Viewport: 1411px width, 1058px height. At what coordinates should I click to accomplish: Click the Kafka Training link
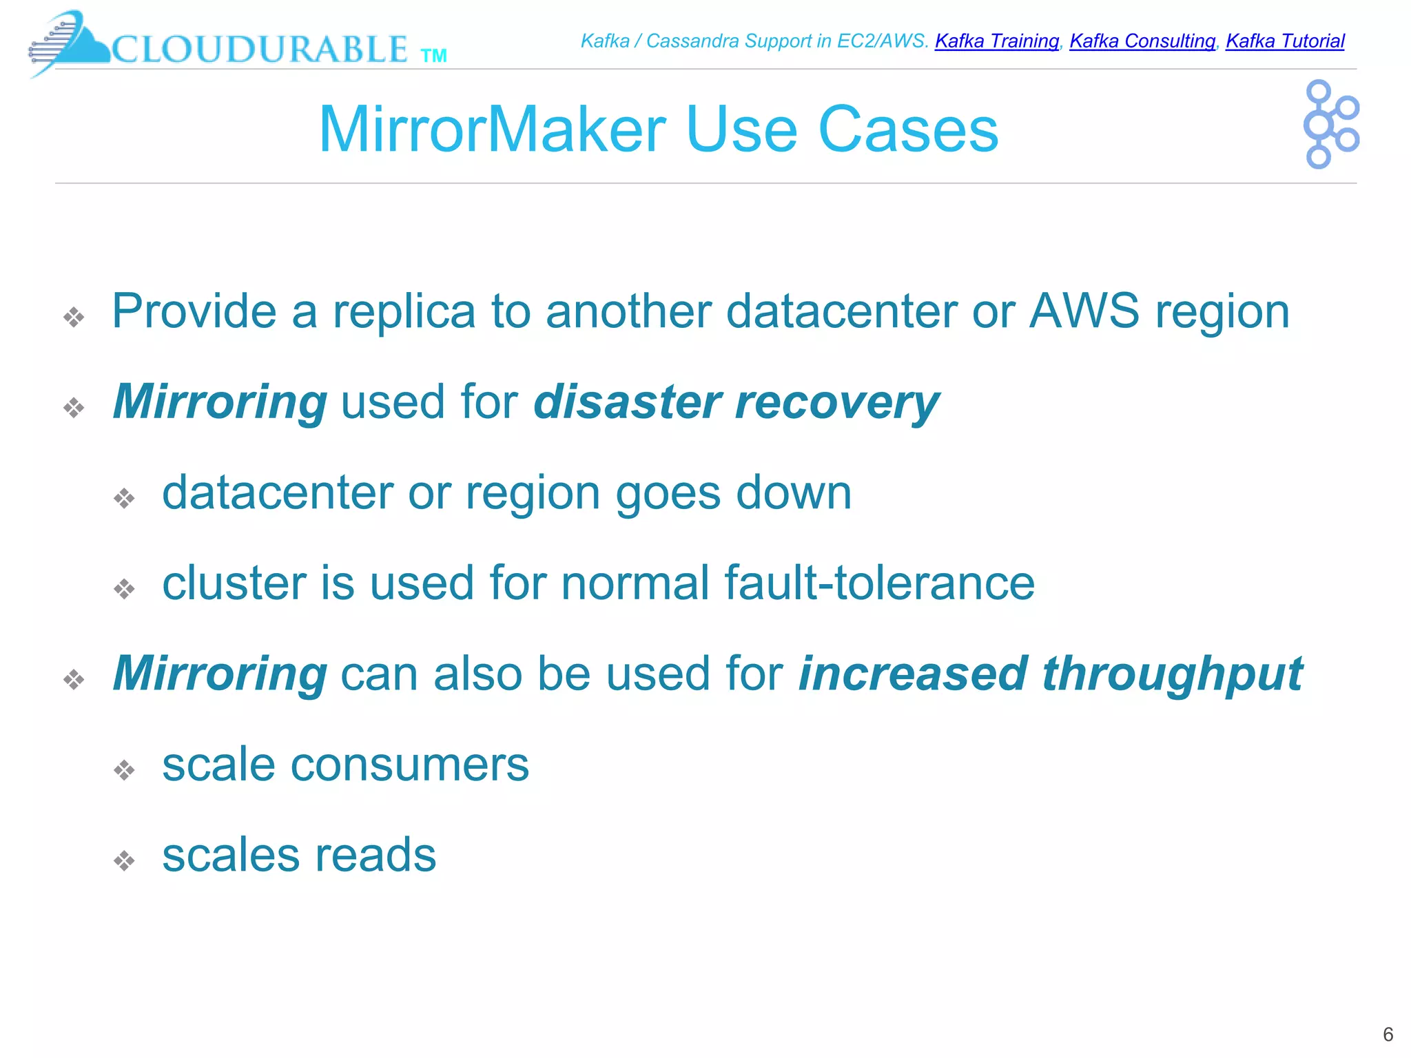click(996, 41)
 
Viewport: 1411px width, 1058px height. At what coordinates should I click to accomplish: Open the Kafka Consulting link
click(1142, 41)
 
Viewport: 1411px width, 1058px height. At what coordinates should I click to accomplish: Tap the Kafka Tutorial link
click(1285, 41)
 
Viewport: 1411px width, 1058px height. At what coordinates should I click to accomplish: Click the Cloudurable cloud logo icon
click(69, 43)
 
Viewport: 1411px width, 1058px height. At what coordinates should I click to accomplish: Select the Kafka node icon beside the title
click(1330, 125)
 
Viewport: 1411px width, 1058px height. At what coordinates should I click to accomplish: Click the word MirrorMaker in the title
click(492, 129)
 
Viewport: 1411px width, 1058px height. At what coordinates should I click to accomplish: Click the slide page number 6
click(1388, 1035)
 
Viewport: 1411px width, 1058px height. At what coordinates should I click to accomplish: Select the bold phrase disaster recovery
click(736, 402)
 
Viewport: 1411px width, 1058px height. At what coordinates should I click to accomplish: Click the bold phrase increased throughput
click(1050, 674)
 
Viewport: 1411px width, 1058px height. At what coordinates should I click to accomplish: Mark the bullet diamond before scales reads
click(124, 860)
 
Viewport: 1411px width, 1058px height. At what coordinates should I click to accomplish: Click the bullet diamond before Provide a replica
click(74, 317)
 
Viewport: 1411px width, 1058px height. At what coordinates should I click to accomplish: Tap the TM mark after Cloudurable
click(433, 56)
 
